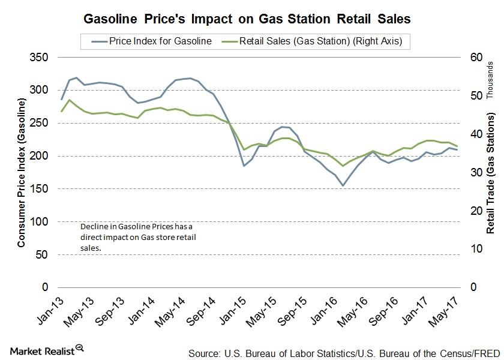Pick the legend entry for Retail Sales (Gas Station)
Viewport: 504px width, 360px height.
point(324,41)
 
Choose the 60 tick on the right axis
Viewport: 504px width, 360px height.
point(460,58)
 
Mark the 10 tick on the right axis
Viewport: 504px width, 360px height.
point(460,249)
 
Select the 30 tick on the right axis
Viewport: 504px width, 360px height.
point(460,172)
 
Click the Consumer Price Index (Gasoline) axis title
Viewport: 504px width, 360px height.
point(22,173)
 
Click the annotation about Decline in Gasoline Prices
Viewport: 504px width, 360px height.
point(138,236)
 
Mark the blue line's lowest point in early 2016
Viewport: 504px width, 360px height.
point(343,185)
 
